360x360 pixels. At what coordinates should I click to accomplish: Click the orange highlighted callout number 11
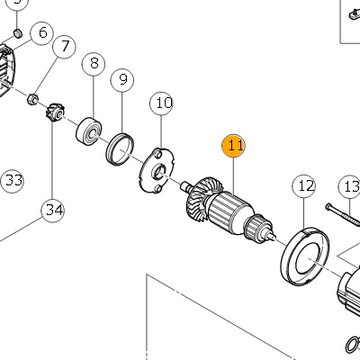click(233, 146)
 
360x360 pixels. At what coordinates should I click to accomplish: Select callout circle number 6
click(42, 33)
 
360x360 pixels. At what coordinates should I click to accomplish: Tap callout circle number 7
click(64, 47)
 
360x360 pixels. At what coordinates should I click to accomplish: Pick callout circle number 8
click(94, 64)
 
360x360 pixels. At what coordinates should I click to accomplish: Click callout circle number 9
click(122, 80)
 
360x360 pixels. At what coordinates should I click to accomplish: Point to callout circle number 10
click(161, 103)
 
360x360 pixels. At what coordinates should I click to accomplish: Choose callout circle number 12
click(304, 186)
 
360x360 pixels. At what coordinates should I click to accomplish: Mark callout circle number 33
click(13, 181)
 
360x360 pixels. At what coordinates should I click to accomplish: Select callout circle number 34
click(53, 211)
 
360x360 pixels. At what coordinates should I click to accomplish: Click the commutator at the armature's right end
click(256, 229)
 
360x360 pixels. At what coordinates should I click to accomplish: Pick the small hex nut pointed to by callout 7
click(32, 99)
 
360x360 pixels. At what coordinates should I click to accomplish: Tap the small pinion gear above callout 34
click(55, 112)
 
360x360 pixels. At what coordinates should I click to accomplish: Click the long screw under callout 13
click(343, 214)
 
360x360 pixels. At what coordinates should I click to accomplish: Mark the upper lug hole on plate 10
click(157, 154)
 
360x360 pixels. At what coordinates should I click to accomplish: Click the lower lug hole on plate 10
click(157, 188)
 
